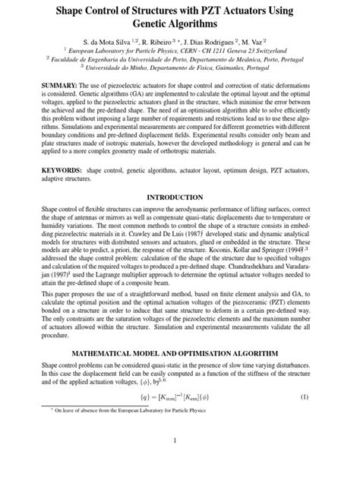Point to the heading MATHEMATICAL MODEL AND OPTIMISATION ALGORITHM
[x=179, y=354]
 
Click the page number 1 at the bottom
[x=180, y=463]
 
